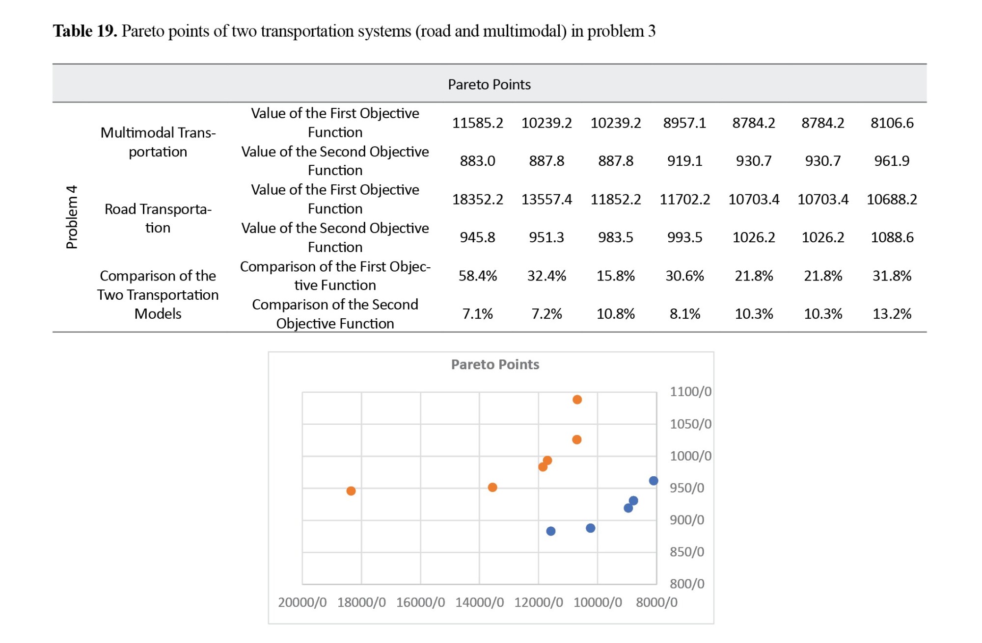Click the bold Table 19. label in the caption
pyautogui.click(x=85, y=31)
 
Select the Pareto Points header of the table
pyautogui.click(x=489, y=84)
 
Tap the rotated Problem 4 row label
pyautogui.click(x=72, y=217)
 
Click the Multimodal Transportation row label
pyautogui.click(x=158, y=142)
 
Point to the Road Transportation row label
pyautogui.click(x=158, y=218)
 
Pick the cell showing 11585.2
pyautogui.click(x=477, y=123)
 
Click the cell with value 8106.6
pyautogui.click(x=892, y=123)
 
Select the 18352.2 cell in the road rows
pyautogui.click(x=477, y=199)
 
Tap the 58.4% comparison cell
pyautogui.click(x=477, y=276)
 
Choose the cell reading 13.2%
pyautogui.click(x=892, y=313)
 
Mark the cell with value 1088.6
pyautogui.click(x=892, y=237)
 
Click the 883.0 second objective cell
pyautogui.click(x=477, y=161)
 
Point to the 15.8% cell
pyautogui.click(x=615, y=276)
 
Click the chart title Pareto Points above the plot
pyautogui.click(x=495, y=364)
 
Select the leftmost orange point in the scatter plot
pyautogui.click(x=351, y=491)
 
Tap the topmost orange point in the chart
pyautogui.click(x=577, y=400)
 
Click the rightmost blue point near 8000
pyautogui.click(x=653, y=481)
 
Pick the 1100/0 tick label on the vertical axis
pyautogui.click(x=690, y=391)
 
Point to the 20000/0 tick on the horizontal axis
pyautogui.click(x=302, y=602)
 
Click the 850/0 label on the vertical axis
pyautogui.click(x=686, y=552)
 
